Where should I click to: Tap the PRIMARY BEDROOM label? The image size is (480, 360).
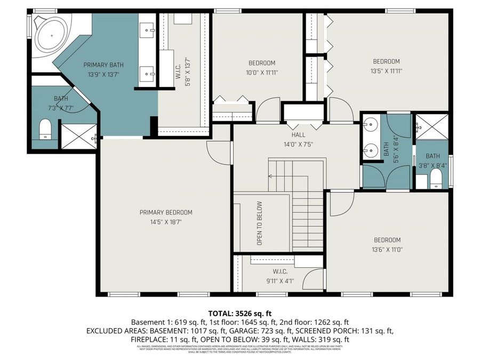point(166,212)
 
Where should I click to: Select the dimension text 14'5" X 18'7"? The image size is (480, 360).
point(166,222)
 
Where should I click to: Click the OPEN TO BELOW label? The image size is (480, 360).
point(260,223)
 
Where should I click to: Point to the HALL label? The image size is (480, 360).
point(298,134)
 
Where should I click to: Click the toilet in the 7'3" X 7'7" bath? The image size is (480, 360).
point(45,129)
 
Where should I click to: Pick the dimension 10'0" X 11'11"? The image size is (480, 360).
point(262,72)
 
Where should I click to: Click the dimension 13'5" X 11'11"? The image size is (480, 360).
point(386,70)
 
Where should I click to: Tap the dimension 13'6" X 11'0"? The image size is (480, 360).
point(387,249)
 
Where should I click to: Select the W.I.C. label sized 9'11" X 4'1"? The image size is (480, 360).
point(280,272)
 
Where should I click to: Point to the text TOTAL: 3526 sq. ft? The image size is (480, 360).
point(239,313)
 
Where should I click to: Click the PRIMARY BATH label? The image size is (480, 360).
point(100,65)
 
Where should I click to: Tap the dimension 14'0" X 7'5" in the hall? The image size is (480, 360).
point(298,144)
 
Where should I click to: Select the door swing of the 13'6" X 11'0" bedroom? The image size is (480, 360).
point(341,205)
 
